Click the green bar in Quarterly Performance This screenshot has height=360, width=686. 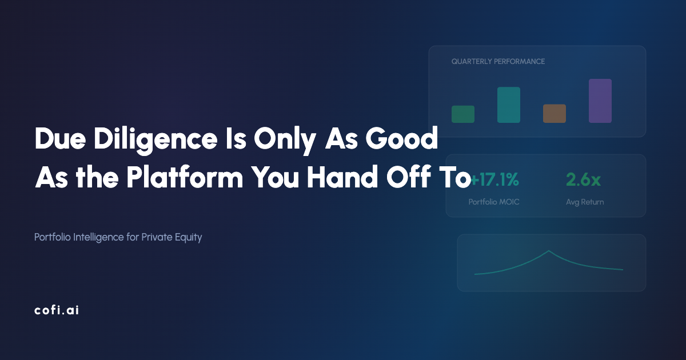click(x=463, y=114)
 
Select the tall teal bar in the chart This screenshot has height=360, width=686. click(x=509, y=105)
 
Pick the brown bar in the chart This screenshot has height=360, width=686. click(x=555, y=114)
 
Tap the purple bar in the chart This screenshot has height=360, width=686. click(x=600, y=101)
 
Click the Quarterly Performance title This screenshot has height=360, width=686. click(x=498, y=61)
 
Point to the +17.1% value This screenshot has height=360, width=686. click(x=495, y=180)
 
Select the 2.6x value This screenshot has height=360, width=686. click(x=583, y=180)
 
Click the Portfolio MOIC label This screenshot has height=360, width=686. click(x=494, y=202)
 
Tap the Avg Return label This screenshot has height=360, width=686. click(x=585, y=202)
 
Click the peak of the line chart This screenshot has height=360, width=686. click(x=549, y=251)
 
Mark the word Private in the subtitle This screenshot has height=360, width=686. click(x=155, y=237)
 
